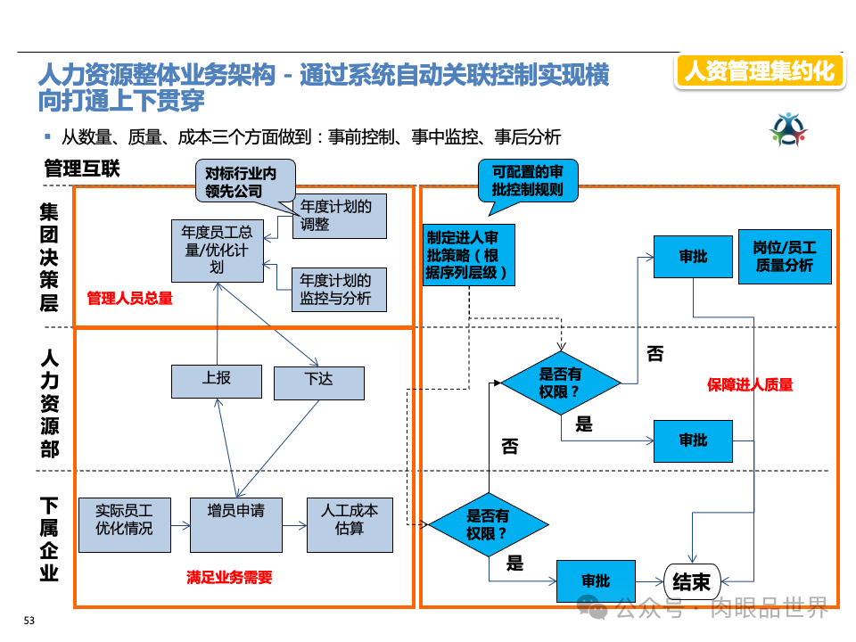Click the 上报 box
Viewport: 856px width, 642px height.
click(x=216, y=381)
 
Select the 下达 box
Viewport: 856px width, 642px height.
click(x=318, y=382)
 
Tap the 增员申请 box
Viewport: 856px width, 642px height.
click(x=235, y=524)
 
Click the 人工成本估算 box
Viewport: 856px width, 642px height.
click(x=350, y=524)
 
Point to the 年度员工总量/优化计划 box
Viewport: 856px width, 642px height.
click(x=217, y=251)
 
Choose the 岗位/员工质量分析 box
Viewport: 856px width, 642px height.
click(x=785, y=257)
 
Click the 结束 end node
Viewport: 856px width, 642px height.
click(x=692, y=581)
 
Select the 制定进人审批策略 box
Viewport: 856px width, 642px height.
click(x=468, y=255)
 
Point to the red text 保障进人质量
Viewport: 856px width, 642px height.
click(x=750, y=384)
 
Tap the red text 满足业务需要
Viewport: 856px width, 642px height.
click(x=229, y=577)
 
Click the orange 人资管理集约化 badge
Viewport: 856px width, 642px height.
click(x=760, y=71)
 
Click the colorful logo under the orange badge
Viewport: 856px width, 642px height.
click(x=788, y=130)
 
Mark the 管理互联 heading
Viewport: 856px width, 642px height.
click(x=81, y=169)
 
